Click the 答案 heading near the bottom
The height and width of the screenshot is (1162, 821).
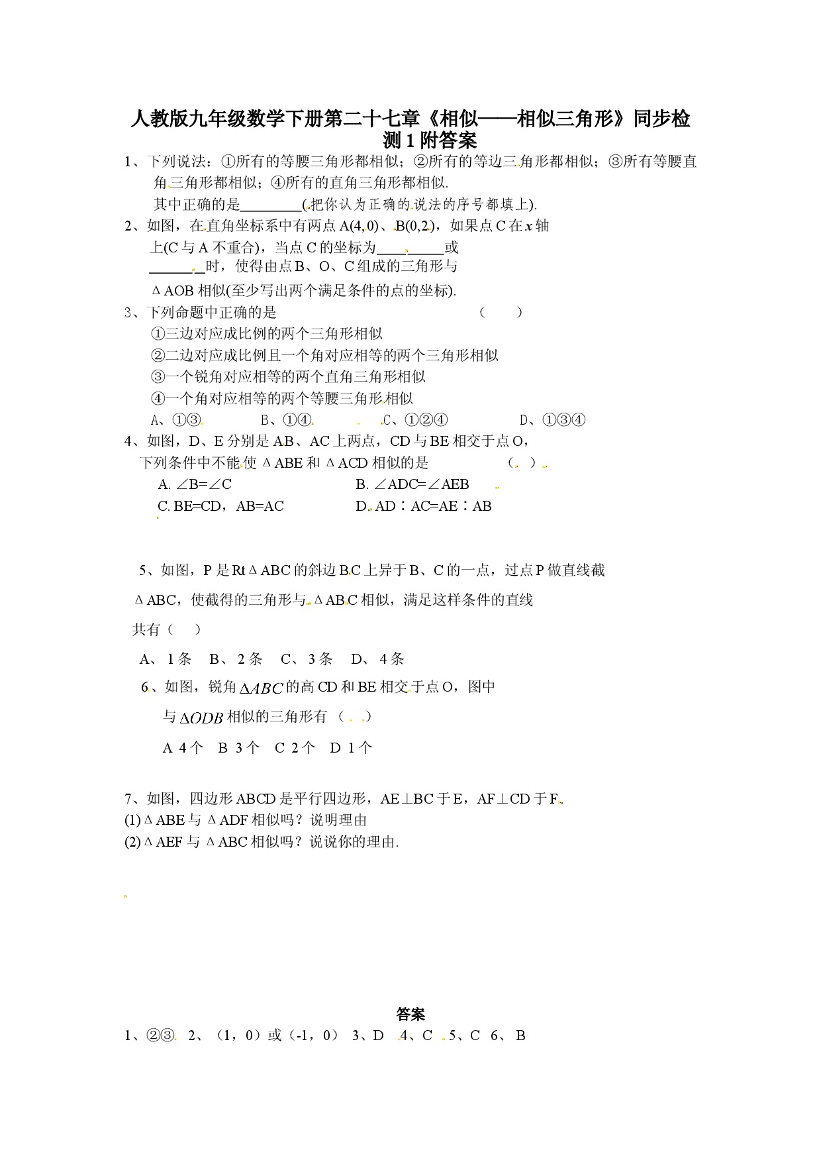[x=410, y=1014]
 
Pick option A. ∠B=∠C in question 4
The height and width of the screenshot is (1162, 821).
[x=195, y=484]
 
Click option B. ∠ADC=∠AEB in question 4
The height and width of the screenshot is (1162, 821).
[x=412, y=484]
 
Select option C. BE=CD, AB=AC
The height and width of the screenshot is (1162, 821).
[x=220, y=506]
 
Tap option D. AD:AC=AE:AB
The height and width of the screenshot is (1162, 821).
[x=424, y=506]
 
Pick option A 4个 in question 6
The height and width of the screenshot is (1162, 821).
[x=183, y=748]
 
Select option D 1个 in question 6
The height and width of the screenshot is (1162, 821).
[x=351, y=748]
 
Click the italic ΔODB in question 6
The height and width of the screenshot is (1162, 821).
[x=201, y=717]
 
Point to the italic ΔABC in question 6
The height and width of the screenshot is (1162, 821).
[x=261, y=688]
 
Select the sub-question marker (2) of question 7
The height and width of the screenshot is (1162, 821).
[x=132, y=842]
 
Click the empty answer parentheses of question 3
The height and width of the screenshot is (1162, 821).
[x=501, y=312]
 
